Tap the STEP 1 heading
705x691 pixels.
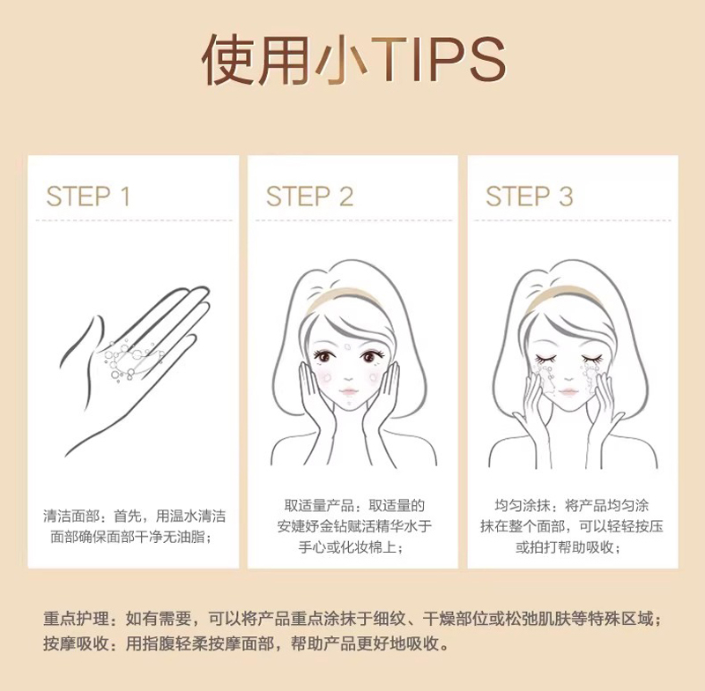coord(88,197)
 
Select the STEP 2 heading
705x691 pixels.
coord(309,197)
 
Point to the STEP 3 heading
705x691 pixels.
coord(530,197)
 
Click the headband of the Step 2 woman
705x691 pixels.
coord(343,299)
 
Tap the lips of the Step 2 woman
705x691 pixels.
coord(349,392)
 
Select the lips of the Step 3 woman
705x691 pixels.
coord(568,392)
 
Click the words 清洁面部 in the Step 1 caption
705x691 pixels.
coord(71,516)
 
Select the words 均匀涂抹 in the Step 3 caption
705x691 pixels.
coord(523,505)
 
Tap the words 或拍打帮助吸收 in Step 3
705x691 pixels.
coord(565,547)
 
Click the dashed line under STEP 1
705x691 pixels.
coord(134,220)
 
